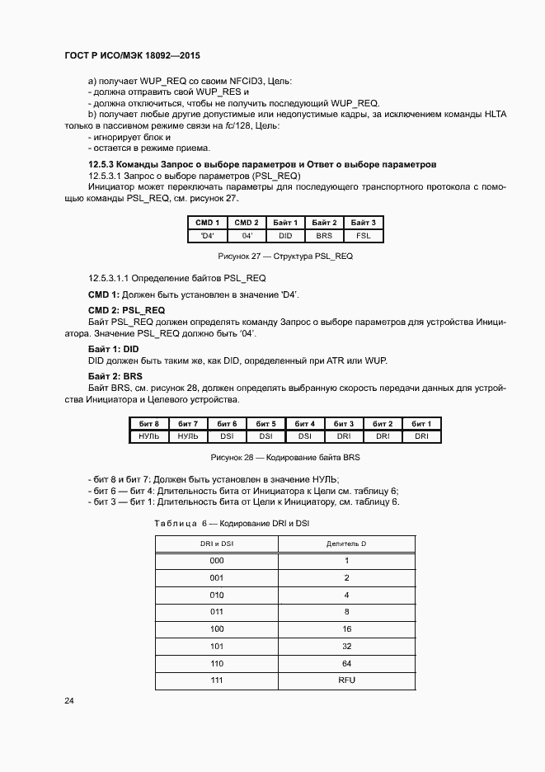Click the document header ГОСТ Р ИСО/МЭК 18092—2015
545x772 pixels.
click(133, 56)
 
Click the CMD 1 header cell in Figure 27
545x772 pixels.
click(206, 223)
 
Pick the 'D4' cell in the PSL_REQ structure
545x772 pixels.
click(206, 236)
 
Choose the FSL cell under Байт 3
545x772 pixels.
click(364, 236)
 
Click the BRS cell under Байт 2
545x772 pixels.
click(324, 236)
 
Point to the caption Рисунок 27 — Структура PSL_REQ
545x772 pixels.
click(284, 257)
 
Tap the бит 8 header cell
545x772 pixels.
click(148, 423)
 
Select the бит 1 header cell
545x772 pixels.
click(421, 423)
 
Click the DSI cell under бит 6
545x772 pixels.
click(227, 435)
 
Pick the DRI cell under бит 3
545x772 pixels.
click(344, 435)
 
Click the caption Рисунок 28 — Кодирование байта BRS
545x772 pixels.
click(286, 456)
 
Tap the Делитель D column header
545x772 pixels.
click(346, 544)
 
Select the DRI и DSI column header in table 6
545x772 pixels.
click(216, 544)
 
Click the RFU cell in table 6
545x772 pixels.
click(346, 680)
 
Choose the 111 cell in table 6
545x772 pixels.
click(216, 680)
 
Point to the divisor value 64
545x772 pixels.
click(346, 662)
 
